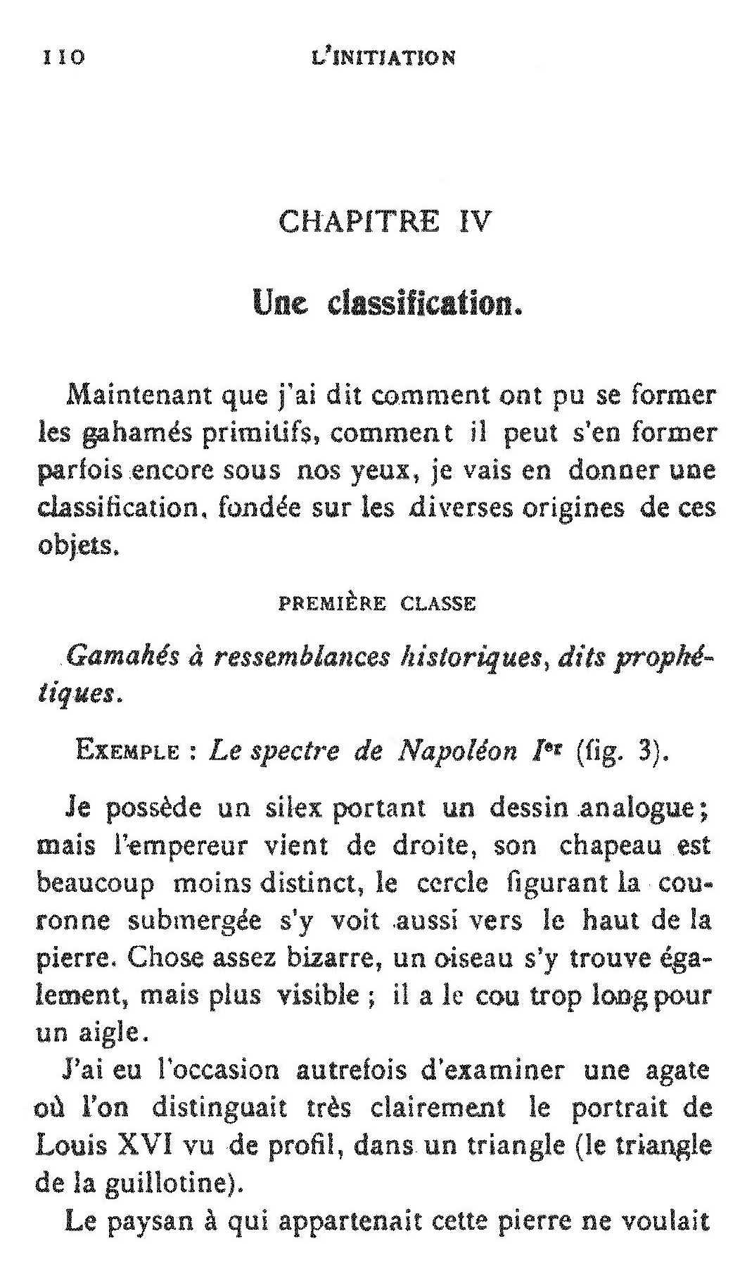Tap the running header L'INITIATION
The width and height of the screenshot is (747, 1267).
[x=383, y=57]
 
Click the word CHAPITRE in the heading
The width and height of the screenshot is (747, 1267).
[x=359, y=222]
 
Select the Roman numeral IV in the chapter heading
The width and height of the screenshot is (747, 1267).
[x=473, y=222]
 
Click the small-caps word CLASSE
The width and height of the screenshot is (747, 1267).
[x=438, y=604]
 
